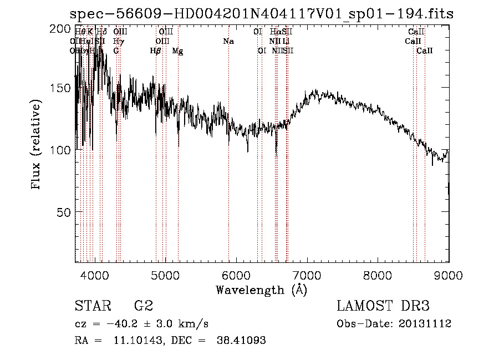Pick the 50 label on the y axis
(x=63, y=212)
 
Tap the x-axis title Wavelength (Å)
(x=261, y=290)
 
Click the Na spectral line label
(x=228, y=41)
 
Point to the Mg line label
(x=177, y=51)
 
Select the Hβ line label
(x=156, y=51)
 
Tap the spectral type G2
(x=144, y=306)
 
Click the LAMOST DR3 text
(x=383, y=306)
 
